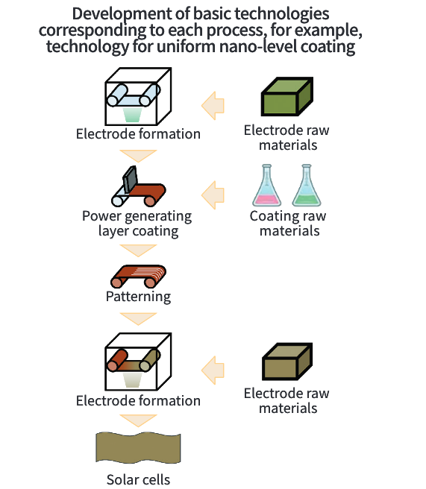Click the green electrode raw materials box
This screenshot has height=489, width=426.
(287, 96)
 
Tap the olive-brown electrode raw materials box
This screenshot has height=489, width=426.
(287, 362)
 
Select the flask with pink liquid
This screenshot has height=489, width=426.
(266, 186)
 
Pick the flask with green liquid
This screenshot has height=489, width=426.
(307, 186)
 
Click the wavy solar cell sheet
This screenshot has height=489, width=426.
(138, 447)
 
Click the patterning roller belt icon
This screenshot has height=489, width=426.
(138, 276)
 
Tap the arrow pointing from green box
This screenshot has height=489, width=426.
(213, 106)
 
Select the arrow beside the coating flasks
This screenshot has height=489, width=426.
(213, 195)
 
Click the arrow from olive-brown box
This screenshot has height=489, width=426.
(213, 370)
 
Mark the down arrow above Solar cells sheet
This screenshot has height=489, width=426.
(138, 420)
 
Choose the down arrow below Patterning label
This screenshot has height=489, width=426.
(138, 319)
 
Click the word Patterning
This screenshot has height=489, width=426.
(138, 297)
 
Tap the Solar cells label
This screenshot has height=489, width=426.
(138, 479)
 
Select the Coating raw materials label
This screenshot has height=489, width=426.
(289, 224)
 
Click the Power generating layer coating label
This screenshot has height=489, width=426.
(137, 224)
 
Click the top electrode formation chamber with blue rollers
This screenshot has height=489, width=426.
(138, 96)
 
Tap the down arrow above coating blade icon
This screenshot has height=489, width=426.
(138, 156)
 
